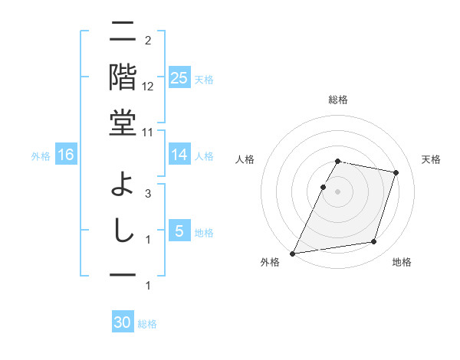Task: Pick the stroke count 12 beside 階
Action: pos(148,87)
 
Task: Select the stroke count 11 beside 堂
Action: pos(148,132)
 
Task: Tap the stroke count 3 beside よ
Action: pos(147,194)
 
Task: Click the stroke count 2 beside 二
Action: pos(147,41)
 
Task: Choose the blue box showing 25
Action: pos(179,78)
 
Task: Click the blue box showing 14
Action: pos(179,155)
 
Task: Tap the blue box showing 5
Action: pos(179,231)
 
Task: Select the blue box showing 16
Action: pos(66,155)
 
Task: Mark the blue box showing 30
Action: pos(123,322)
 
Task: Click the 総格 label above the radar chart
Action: pos(338,100)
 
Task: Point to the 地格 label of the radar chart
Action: pos(402,263)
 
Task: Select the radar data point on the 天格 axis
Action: pos(396,172)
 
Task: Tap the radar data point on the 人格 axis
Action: pos(323,187)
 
